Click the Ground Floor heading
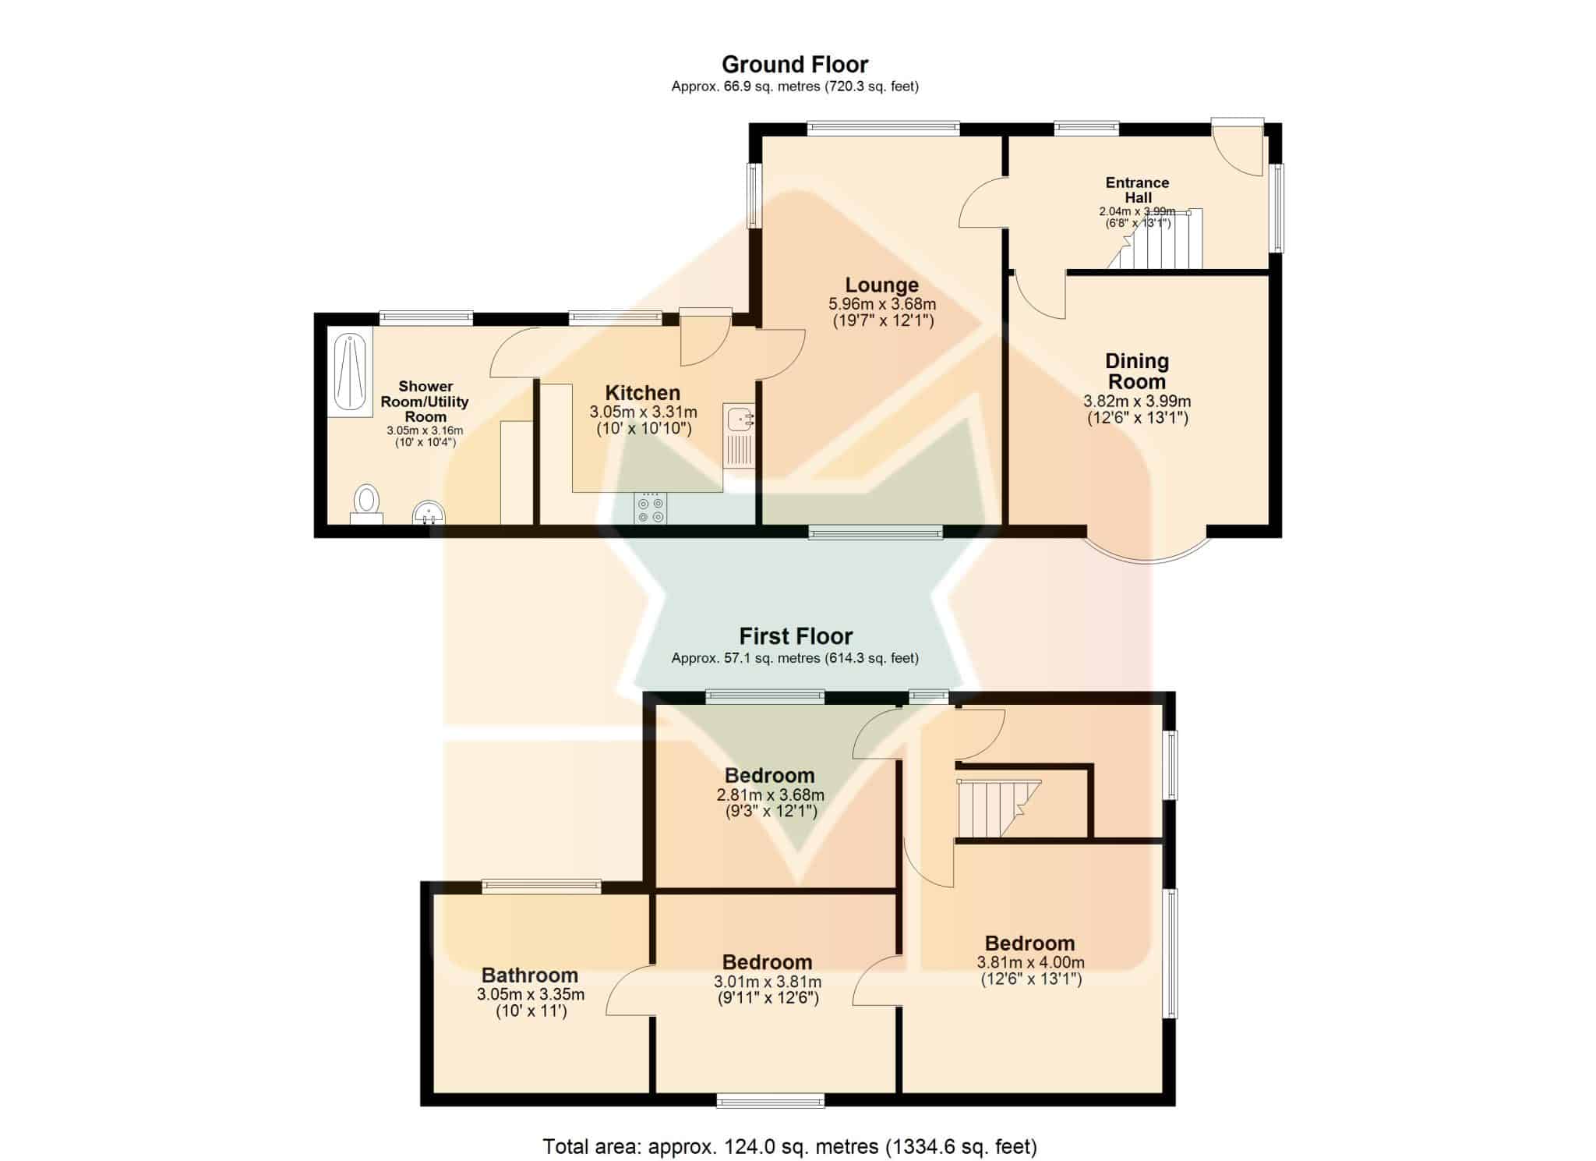coord(795,64)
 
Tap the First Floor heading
coord(796,636)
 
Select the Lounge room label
coord(882,285)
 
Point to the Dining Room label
coord(1137,371)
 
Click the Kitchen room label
coord(643,393)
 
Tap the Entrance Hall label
coord(1138,190)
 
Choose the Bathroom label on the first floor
coord(530,975)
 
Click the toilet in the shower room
coord(366,504)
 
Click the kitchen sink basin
coord(737,420)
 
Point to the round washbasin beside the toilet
coord(429,513)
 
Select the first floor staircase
coord(998,808)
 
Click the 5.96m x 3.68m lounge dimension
coord(882,304)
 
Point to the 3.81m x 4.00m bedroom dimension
coord(1030,963)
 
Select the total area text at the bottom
coord(790,1147)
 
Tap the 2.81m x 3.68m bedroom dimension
coord(770,796)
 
